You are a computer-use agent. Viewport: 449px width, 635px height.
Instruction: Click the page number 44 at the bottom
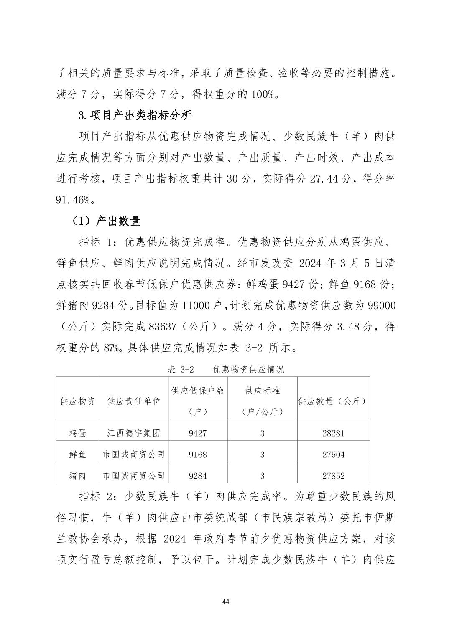(x=226, y=601)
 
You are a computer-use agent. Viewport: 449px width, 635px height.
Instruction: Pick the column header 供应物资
(x=78, y=401)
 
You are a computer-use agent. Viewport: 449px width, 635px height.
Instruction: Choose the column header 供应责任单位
(x=134, y=401)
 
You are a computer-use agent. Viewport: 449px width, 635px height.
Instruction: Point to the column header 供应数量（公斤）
(x=333, y=401)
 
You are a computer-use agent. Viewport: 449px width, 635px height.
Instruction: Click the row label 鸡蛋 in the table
(x=78, y=433)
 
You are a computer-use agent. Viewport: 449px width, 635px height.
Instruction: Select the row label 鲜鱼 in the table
(x=78, y=455)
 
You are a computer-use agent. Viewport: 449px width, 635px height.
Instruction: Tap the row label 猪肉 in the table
(x=78, y=475)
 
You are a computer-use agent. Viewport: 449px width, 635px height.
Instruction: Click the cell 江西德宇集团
(x=134, y=433)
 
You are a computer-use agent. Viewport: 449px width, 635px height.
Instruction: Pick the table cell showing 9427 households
(x=198, y=433)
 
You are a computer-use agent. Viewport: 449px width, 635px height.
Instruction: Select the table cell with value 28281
(x=333, y=433)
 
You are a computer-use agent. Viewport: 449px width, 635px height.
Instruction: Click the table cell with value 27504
(x=333, y=455)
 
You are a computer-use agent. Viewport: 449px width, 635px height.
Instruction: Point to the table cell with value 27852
(x=333, y=475)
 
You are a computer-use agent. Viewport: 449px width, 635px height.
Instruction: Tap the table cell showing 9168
(x=198, y=455)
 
